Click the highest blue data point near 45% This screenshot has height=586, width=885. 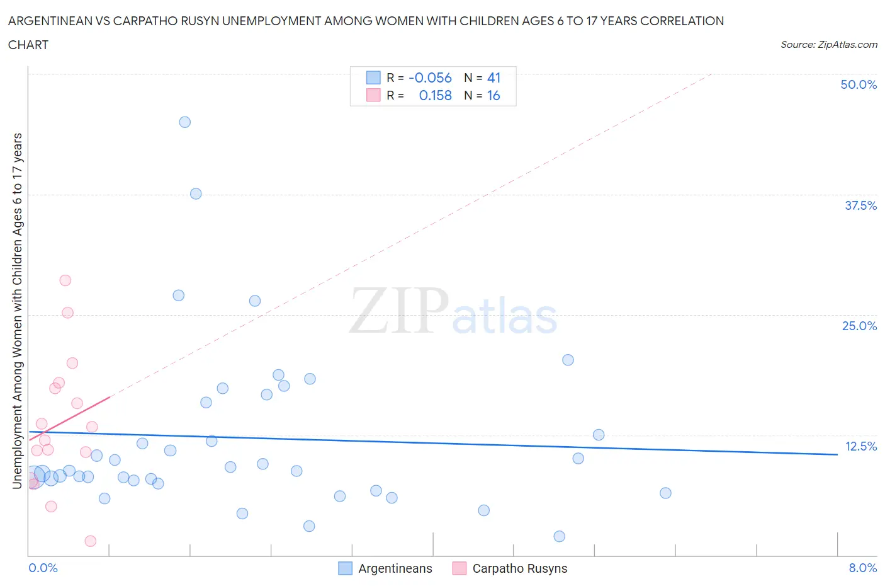pyautogui.click(x=184, y=122)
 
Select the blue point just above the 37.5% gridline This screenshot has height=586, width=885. pyautogui.click(x=196, y=193)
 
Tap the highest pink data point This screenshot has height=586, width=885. pyautogui.click(x=65, y=280)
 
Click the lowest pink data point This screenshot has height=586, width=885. pyautogui.click(x=90, y=541)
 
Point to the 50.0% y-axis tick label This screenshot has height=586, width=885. pyautogui.click(x=859, y=84)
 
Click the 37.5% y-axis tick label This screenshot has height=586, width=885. pyautogui.click(x=860, y=205)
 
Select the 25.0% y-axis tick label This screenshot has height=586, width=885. pyautogui.click(x=859, y=326)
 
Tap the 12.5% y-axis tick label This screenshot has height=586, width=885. pyautogui.click(x=860, y=446)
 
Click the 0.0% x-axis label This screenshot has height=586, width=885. pyautogui.click(x=43, y=568)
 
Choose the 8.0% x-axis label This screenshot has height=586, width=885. pyautogui.click(x=862, y=568)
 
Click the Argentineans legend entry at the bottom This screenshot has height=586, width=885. pyautogui.click(x=395, y=568)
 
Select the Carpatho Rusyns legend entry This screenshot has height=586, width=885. pyautogui.click(x=519, y=568)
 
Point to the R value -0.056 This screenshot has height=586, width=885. pyautogui.click(x=430, y=78)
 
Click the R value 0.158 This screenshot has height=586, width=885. pyautogui.click(x=435, y=95)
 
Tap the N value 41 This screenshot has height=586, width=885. pyautogui.click(x=493, y=78)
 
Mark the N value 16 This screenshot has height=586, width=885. pyautogui.click(x=493, y=95)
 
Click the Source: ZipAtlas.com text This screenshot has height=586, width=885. pyautogui.click(x=828, y=44)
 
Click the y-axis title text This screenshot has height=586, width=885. pyautogui.click(x=17, y=311)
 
